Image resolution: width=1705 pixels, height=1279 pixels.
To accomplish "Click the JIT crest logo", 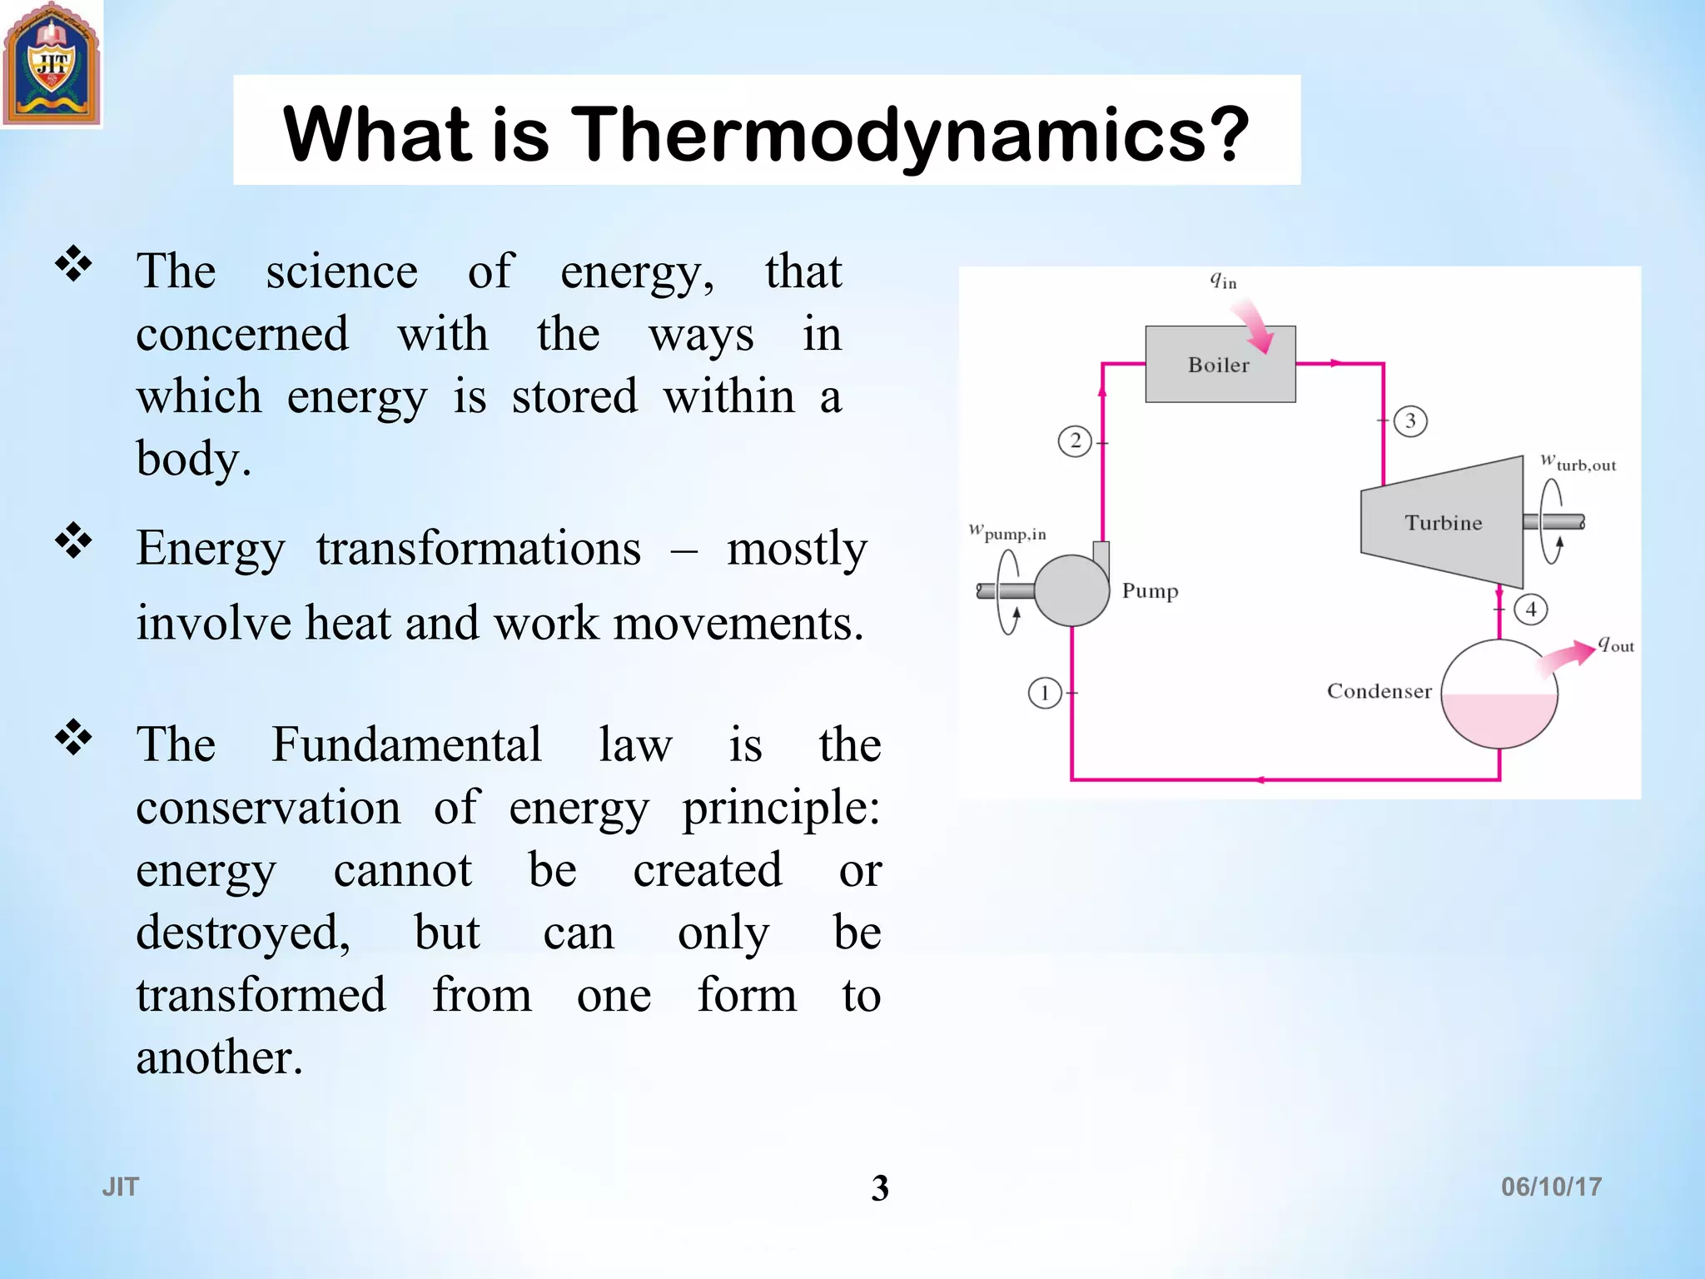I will (52, 65).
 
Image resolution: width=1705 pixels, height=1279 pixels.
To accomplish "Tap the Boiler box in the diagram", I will (1219, 365).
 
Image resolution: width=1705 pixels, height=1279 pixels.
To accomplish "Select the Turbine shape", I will (1443, 522).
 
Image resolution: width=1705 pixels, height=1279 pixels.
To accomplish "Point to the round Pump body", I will (1071, 590).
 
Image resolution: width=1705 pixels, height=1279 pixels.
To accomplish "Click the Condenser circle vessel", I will (1499, 694).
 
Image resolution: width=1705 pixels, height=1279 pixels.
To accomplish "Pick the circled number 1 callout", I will (1045, 693).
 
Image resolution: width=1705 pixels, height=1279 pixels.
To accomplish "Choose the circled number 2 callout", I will (1075, 440).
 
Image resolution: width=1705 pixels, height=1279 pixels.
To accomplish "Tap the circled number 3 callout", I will (1410, 421).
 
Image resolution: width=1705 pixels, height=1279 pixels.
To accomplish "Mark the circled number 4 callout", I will (1531, 610).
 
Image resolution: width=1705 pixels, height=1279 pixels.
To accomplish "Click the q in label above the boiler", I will (1223, 281).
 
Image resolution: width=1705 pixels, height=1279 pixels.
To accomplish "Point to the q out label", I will (1616, 644).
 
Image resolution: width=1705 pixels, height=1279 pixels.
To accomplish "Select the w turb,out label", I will (1578, 462).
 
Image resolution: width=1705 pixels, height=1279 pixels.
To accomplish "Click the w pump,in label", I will (1007, 531).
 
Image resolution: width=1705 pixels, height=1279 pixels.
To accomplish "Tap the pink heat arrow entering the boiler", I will (1254, 327).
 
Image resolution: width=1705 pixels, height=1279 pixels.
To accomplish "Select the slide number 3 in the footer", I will (880, 1187).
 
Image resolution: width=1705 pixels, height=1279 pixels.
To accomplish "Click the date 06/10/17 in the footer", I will (1551, 1187).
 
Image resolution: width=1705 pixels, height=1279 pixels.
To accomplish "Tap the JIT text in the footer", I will (121, 1187).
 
